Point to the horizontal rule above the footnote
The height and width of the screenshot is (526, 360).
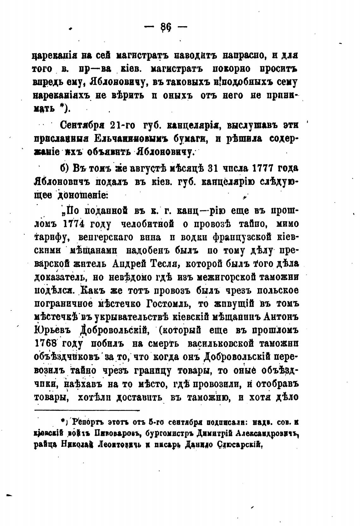click(x=87, y=410)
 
